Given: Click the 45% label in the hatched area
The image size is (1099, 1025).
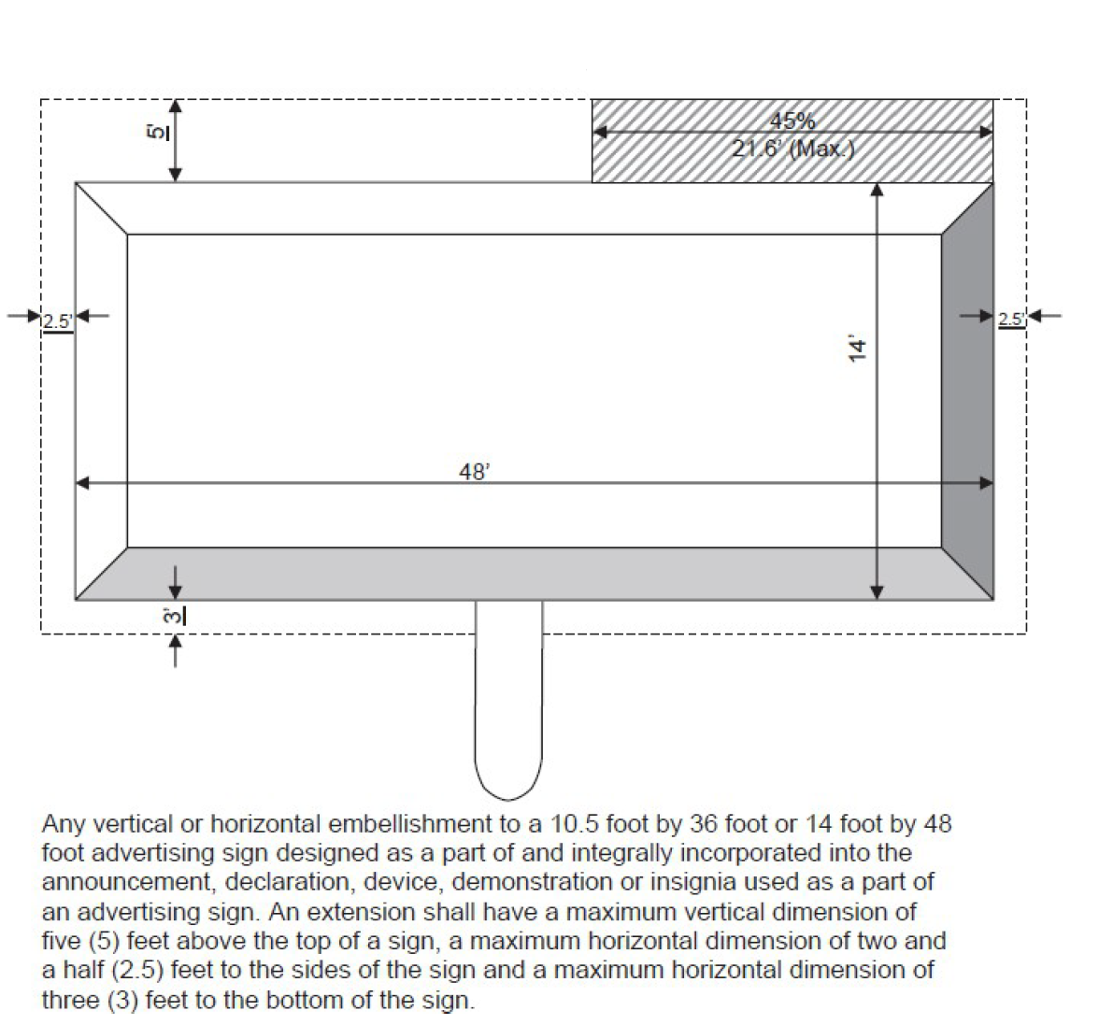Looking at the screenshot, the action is click(792, 121).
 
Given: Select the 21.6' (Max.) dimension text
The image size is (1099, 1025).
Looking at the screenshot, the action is click(792, 148).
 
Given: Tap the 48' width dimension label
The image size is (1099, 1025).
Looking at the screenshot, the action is click(474, 472).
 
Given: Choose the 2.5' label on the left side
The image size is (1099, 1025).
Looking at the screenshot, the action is click(58, 321).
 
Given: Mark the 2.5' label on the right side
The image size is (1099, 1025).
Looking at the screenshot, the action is click(1011, 319).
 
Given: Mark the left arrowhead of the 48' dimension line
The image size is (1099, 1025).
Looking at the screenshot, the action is click(82, 483).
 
